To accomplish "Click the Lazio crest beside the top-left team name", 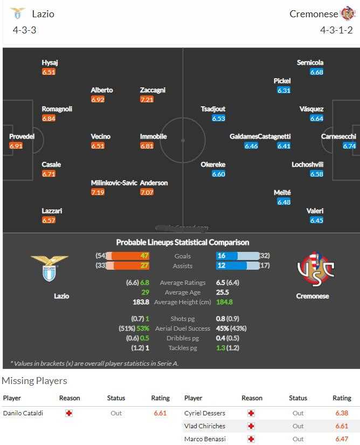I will pos(17,13).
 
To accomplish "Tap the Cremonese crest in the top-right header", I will pos(348,13).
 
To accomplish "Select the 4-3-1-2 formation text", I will pos(336,30).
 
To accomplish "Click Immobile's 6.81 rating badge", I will pos(147,146).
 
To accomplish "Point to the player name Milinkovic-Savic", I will pos(114,183).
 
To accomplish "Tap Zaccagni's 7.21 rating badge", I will pos(147,99).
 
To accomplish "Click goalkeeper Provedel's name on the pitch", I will pos(22,136).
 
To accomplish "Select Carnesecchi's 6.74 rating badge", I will pos(349,146).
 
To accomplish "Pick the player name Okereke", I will pos(213,165).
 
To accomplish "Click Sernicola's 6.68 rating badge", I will pos(316,72).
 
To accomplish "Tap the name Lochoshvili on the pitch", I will pos(308,165).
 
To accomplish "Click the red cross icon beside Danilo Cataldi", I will pos(68,413).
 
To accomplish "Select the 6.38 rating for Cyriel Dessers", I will pos(342,413).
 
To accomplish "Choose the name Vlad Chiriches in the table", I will pos(205,426).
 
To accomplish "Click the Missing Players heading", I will pos(34,381).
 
